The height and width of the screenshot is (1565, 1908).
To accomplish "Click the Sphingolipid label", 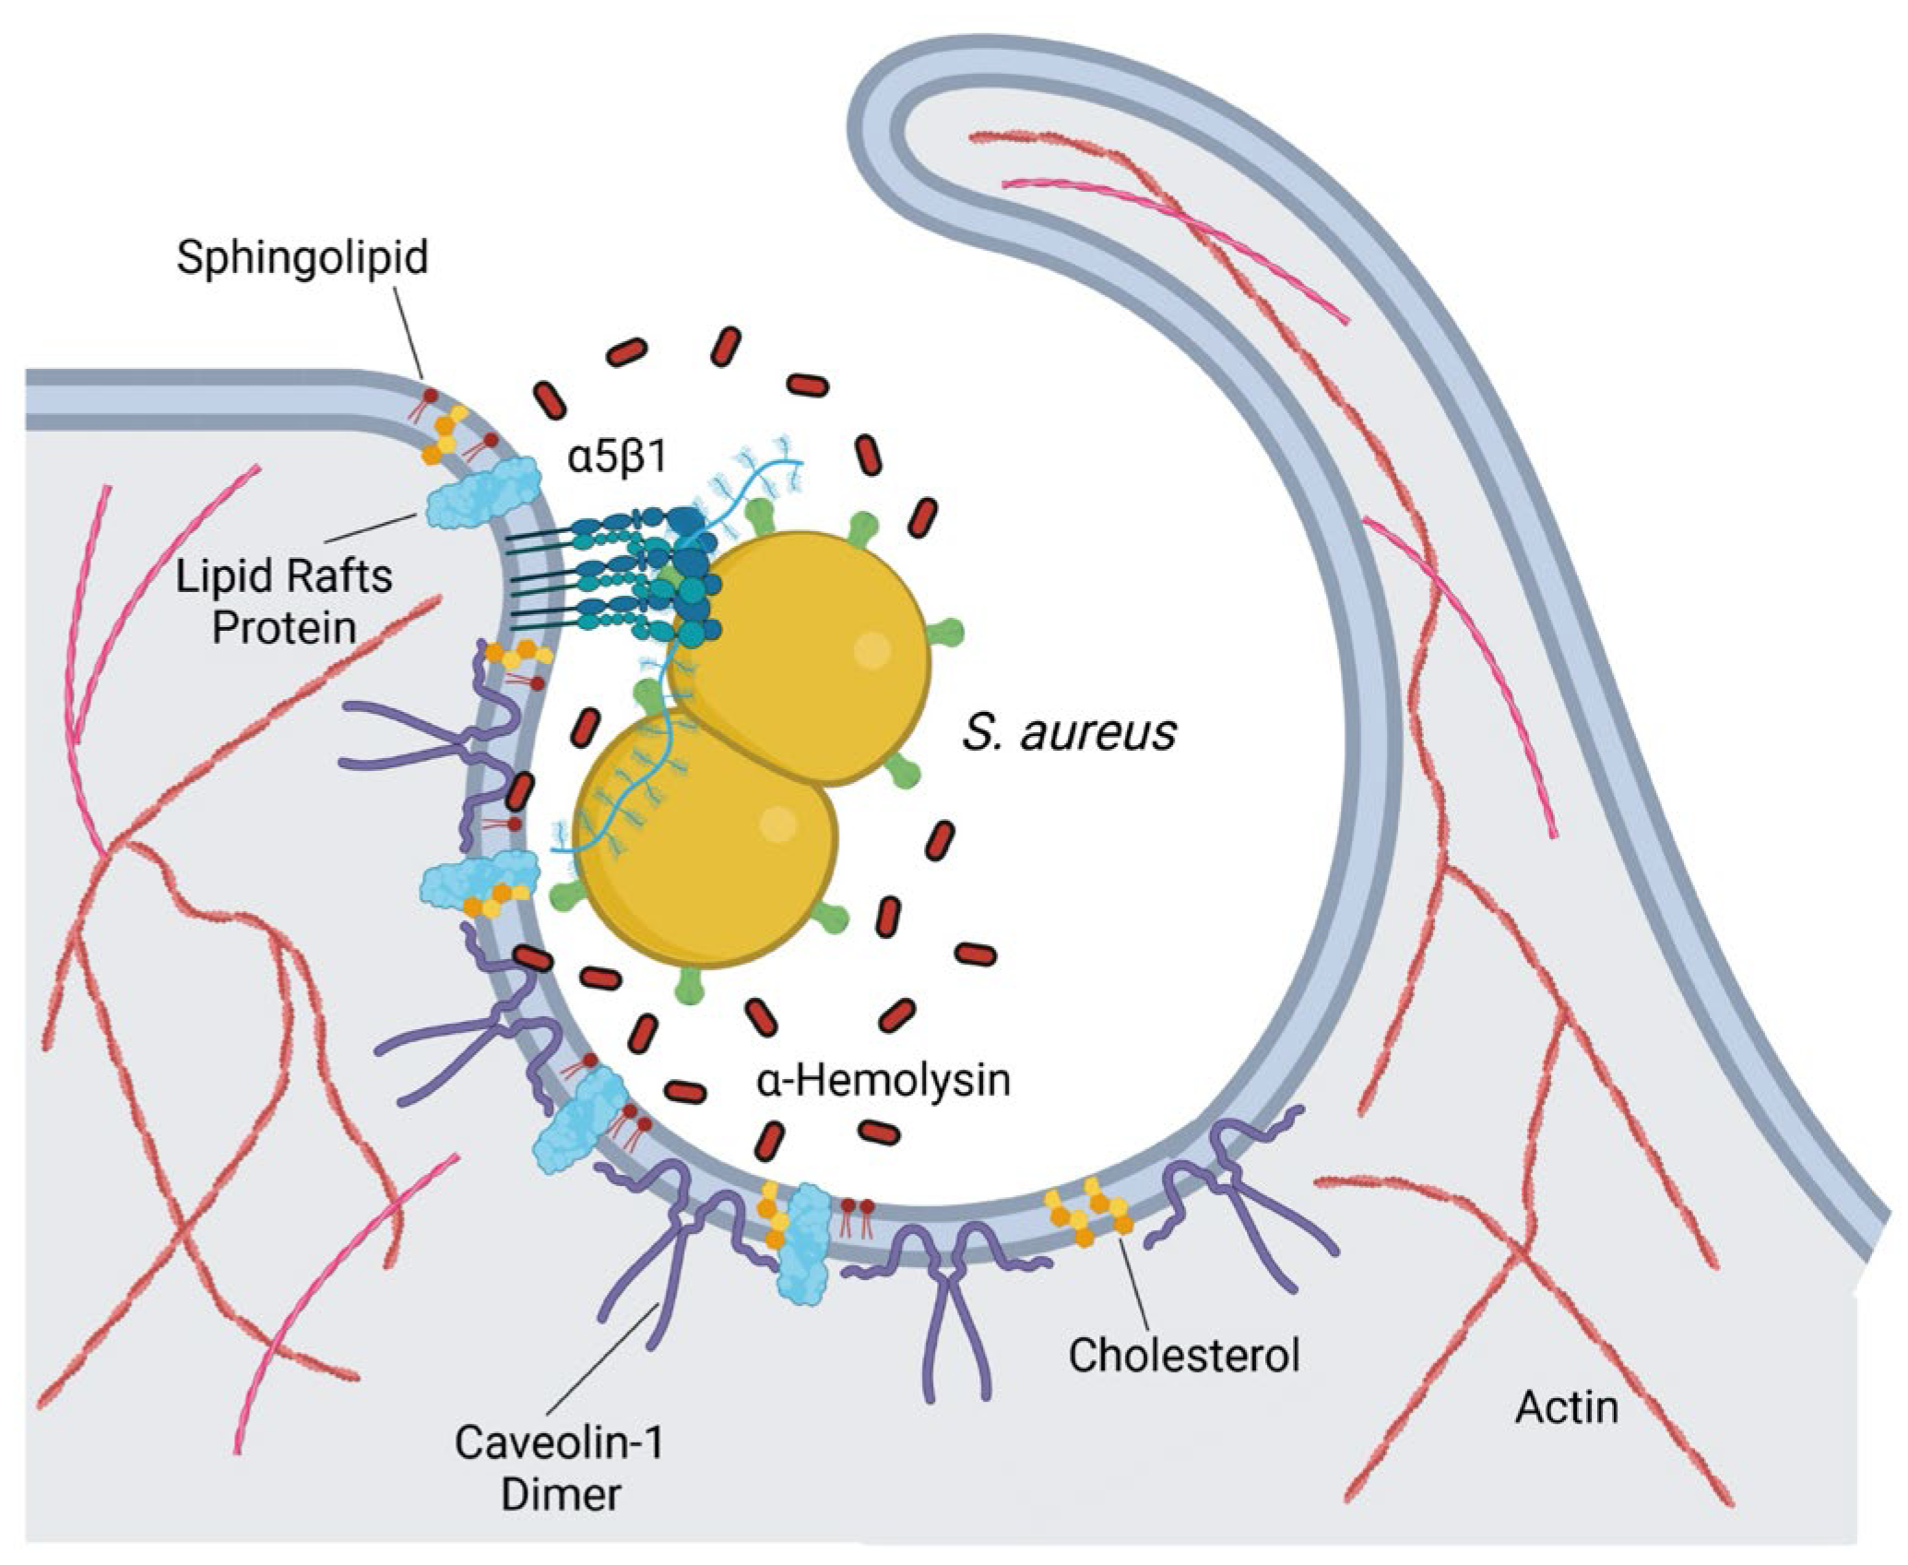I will click(302, 257).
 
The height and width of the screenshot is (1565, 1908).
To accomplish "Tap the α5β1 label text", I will click(617, 457).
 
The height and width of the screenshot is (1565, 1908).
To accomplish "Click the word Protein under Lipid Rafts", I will click(284, 629).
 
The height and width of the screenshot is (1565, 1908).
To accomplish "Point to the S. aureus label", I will click(1069, 732).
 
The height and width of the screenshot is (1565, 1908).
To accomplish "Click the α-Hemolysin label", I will click(883, 1080).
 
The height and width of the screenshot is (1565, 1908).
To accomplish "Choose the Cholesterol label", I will click(1184, 1355).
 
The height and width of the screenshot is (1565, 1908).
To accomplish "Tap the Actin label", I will click(1567, 1407).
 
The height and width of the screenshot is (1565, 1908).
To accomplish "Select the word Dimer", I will click(560, 1495).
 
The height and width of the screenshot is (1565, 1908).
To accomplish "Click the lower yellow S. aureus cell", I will click(705, 839).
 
